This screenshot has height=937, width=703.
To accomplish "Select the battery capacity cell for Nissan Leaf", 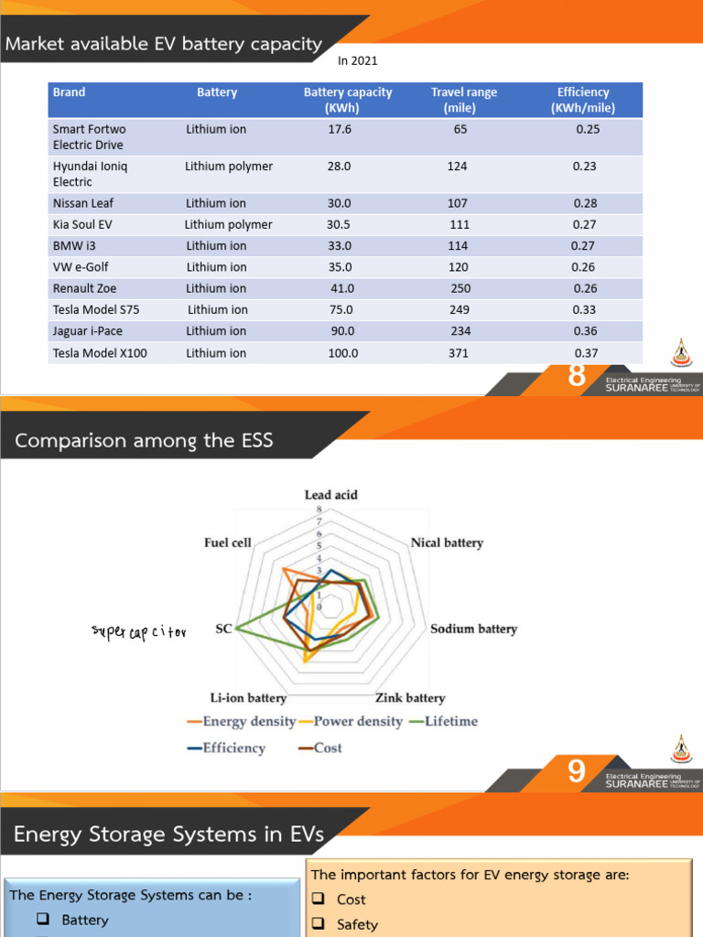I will (x=340, y=203).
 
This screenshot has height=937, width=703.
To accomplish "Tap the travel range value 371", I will (x=459, y=352).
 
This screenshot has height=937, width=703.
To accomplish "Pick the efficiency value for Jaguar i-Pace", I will (x=586, y=331).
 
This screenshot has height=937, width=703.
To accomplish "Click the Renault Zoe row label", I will (x=85, y=288).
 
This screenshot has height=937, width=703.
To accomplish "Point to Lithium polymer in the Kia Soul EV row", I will (x=228, y=224).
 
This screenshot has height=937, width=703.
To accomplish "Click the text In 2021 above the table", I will (x=358, y=61).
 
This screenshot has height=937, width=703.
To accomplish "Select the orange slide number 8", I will (x=576, y=375).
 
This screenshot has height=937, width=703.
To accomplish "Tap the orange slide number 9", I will (x=576, y=772).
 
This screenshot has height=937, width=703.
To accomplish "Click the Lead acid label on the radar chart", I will (x=330, y=495).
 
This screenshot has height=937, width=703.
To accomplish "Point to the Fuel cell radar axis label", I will (x=227, y=543).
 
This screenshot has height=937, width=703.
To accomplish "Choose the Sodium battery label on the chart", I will (x=473, y=630).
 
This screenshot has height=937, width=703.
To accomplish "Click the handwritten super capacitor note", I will (x=138, y=631).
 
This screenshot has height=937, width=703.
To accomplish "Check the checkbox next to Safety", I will (x=319, y=924).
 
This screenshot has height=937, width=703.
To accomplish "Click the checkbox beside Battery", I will (x=43, y=920).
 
